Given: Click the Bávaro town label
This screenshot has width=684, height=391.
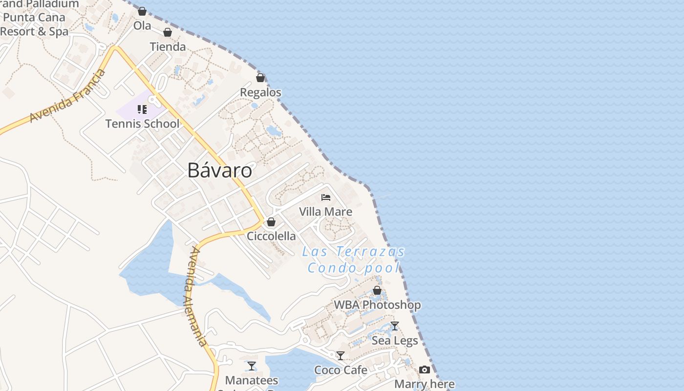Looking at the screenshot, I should pos(220,170).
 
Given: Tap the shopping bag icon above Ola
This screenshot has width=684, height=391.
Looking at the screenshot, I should pos(142,11).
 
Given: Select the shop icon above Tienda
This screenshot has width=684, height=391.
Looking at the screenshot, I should pos(168,33).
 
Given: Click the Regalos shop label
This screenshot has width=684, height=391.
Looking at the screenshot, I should pos(260,92).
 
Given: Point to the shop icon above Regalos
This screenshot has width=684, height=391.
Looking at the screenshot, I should pos(260,78).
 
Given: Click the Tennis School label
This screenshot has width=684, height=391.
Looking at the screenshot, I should pos(143,124).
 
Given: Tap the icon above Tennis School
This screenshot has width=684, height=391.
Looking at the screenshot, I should pos(142,109).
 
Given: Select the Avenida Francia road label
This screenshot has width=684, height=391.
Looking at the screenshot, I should pos(67,96).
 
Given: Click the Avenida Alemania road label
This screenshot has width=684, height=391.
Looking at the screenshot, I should pos(197,296).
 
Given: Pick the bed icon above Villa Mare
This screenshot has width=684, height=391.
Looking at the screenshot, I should pos(326,197).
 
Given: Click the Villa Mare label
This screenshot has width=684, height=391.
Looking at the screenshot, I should pos(325,212).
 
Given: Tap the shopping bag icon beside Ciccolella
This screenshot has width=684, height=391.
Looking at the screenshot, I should pos(271,222).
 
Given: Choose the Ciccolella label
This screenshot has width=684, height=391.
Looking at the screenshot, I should pos(271,236).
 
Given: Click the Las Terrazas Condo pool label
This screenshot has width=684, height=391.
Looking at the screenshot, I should pos(354,260).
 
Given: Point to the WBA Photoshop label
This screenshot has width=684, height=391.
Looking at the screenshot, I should pos(377,305).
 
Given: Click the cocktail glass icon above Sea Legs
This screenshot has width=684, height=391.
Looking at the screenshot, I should pos(395,326).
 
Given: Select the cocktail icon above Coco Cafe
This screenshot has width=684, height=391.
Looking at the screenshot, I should pos(341,356).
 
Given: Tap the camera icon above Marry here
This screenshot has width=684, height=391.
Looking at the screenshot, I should pos(425,370).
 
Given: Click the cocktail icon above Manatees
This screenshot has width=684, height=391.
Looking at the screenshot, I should pos(252,366).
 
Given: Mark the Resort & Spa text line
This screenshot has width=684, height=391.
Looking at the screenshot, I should pos(34,32).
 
